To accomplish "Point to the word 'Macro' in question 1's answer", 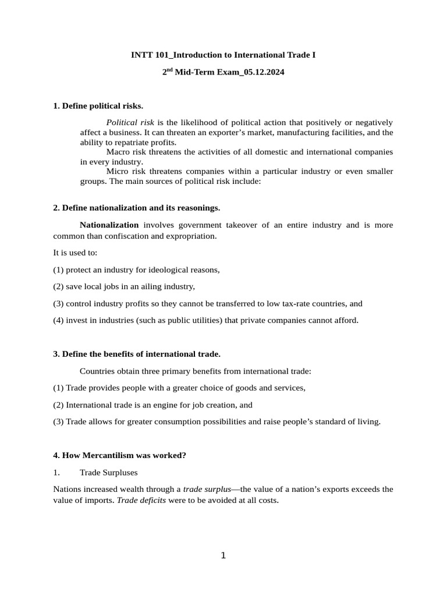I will click(118, 152).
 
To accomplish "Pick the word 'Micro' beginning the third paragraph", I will click(117, 171).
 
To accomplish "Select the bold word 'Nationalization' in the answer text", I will click(109, 225).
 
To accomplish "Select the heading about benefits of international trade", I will click(137, 354).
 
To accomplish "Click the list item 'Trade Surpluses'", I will click(108, 473).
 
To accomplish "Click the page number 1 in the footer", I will click(223, 556).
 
